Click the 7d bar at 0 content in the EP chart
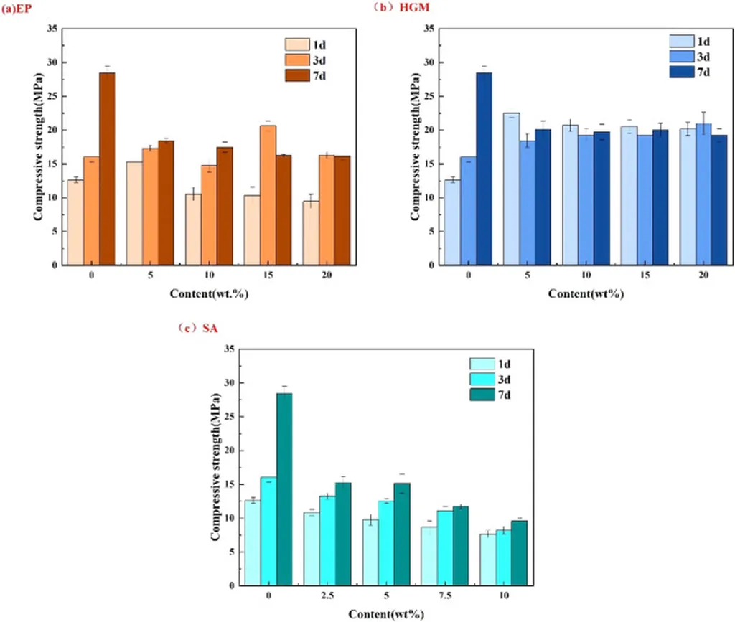pos(107,169)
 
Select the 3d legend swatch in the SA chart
pos(482,380)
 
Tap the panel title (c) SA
pos(202,329)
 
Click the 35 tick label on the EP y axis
pos(49,28)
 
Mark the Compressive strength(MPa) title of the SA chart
pos(215,467)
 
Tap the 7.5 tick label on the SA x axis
pos(444,598)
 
